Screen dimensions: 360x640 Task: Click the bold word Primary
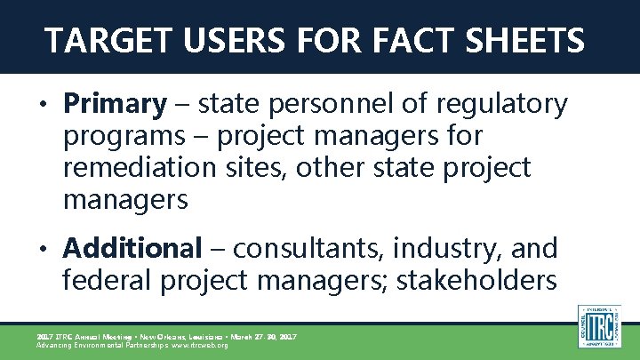pos(115,106)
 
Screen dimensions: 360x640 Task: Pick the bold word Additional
pos(132,248)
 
